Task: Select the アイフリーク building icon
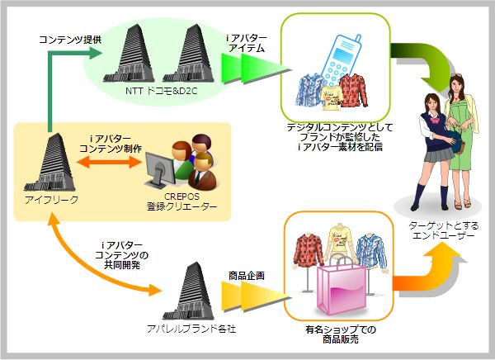pos(51,162)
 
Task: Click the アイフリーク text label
pos(51,201)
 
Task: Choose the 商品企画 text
pos(246,276)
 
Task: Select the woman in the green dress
pos(460,136)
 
